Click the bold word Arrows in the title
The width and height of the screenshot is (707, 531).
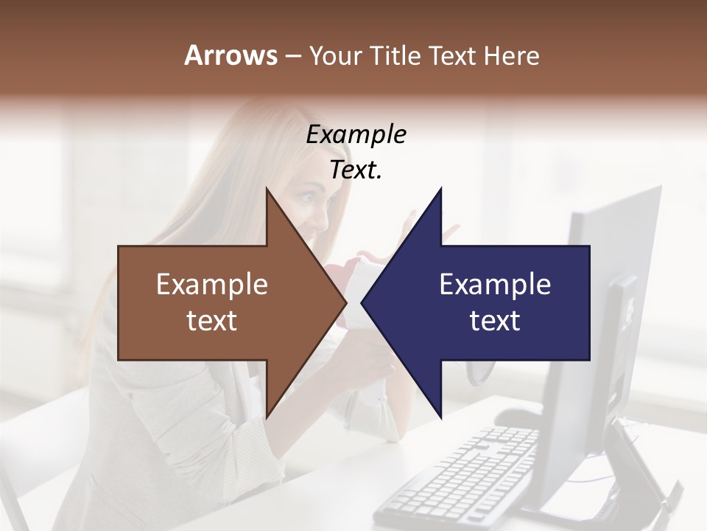231,55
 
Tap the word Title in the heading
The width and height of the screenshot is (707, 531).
395,56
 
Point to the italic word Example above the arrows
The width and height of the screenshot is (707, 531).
356,135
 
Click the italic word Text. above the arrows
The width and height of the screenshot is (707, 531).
356,170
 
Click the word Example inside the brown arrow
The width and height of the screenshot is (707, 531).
212,285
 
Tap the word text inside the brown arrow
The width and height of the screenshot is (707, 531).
212,321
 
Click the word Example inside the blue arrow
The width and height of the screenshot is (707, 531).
495,285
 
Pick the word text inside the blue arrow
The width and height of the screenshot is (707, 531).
495,321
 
